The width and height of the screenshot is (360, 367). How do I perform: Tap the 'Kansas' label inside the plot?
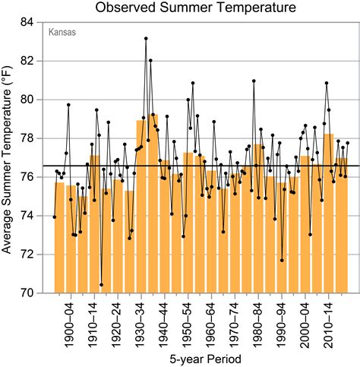tap(62, 33)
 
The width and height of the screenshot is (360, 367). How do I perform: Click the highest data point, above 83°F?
tap(146, 38)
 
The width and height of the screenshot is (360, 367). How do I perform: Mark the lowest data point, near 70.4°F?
tap(101, 285)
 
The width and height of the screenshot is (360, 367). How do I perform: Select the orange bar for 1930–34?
tap(141, 205)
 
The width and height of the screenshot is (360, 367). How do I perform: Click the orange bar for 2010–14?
tap(329, 213)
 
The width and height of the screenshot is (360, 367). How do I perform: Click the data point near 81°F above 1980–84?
tap(254, 81)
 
